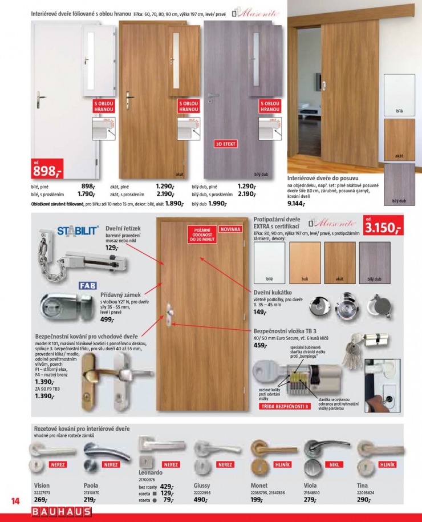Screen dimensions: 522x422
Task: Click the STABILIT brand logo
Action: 78,232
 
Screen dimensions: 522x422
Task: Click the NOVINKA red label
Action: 230,228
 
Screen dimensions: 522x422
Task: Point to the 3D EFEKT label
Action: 225,144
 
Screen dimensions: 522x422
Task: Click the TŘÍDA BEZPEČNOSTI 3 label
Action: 285,407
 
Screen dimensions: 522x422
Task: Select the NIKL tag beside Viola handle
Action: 334,465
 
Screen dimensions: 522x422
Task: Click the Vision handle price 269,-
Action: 40,500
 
